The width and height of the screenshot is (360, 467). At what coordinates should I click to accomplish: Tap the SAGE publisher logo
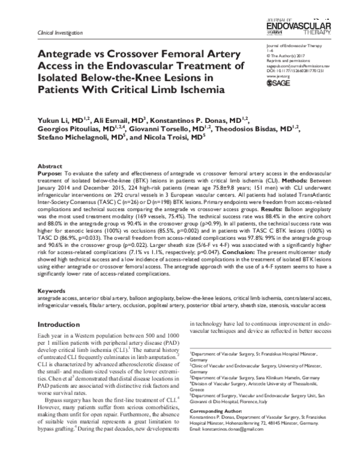278,83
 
